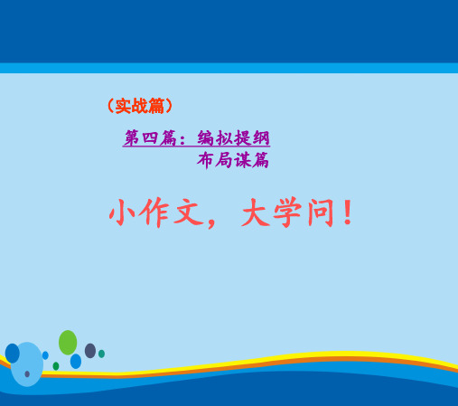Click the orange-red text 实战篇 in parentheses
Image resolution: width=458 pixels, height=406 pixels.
(140, 106)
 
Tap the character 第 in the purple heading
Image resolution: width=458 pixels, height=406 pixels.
(132, 137)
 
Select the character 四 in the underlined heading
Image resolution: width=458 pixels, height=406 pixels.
(150, 138)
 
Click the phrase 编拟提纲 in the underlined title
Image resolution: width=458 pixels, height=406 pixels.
(233, 138)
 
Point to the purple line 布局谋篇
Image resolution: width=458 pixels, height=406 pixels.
(233, 160)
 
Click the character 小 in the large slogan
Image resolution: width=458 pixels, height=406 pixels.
(121, 212)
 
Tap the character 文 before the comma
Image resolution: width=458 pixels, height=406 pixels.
(189, 212)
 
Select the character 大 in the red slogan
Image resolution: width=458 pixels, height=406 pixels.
(255, 212)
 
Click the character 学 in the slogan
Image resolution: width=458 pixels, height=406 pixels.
(287, 212)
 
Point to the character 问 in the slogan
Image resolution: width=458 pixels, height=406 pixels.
(321, 212)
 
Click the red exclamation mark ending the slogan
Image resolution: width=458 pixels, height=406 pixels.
(348, 212)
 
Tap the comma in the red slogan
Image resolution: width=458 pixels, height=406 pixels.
(211, 223)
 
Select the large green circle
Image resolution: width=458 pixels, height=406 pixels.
(68, 343)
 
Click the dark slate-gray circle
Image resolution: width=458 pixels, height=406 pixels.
(90, 351)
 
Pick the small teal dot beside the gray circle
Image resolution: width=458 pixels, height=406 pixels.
(101, 354)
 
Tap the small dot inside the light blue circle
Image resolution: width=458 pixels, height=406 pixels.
(27, 373)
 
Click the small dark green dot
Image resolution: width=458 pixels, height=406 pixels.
(56, 366)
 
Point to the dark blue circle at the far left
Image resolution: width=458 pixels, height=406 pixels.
(13, 354)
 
